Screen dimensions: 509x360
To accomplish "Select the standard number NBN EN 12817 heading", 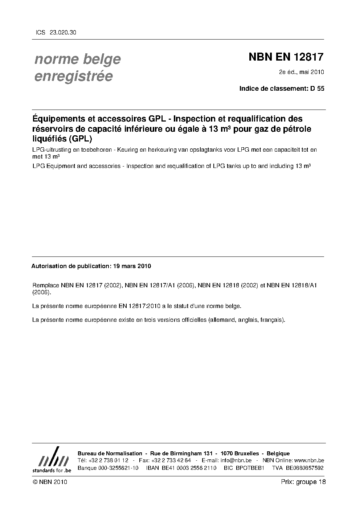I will tap(286, 57).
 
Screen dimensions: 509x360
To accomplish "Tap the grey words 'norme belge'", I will tap(77, 59).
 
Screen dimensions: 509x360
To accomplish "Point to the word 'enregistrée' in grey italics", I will tap(73, 77).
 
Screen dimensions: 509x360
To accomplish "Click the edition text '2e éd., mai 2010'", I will tap(301, 72).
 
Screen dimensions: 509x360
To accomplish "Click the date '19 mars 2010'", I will tap(132, 266).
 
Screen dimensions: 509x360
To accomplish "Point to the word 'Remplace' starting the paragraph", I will tap(46, 285).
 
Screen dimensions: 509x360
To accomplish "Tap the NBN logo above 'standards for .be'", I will tap(52, 457).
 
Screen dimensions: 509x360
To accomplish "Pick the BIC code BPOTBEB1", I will tap(249, 468).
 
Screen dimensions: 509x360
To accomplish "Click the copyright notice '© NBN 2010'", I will tap(50, 482).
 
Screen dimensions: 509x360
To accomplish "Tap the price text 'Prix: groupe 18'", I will tap(303, 482).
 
